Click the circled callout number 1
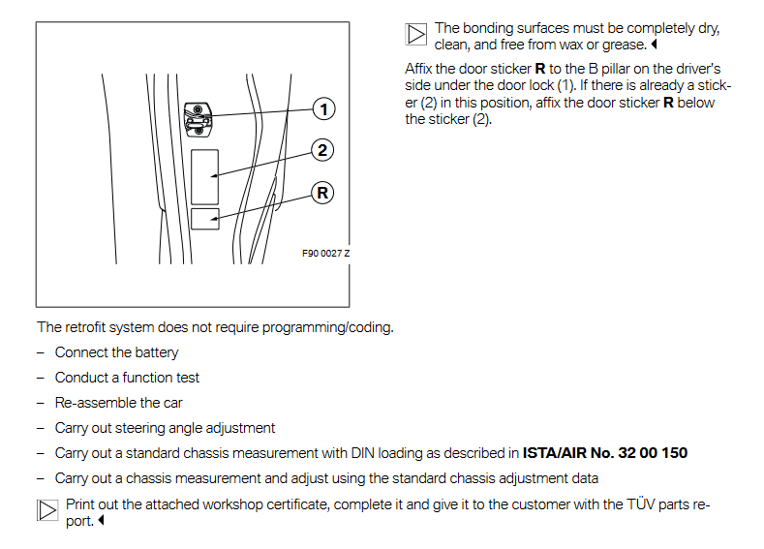click(323, 108)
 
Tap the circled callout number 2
click(323, 150)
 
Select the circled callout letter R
click(323, 193)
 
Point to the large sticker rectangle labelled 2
click(204, 175)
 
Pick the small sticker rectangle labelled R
click(204, 218)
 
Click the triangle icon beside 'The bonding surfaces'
click(416, 36)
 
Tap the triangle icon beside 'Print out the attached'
click(47, 510)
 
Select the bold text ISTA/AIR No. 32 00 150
click(605, 453)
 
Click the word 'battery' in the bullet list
click(156, 352)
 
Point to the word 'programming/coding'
click(335, 327)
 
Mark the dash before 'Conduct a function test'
click(42, 378)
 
